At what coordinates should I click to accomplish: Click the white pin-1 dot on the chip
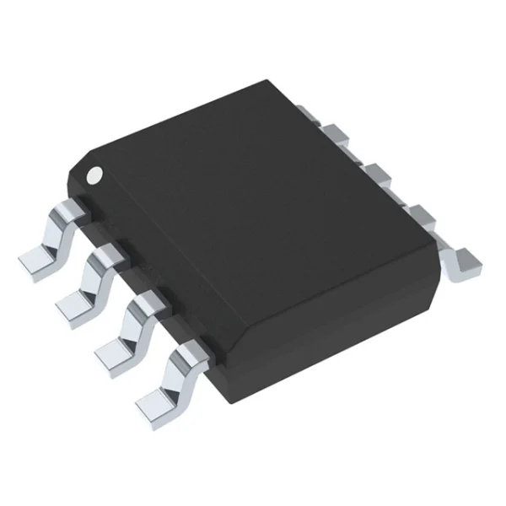point(95,175)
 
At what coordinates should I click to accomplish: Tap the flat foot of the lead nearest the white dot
point(35,261)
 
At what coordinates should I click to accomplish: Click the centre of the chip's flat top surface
point(253,194)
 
